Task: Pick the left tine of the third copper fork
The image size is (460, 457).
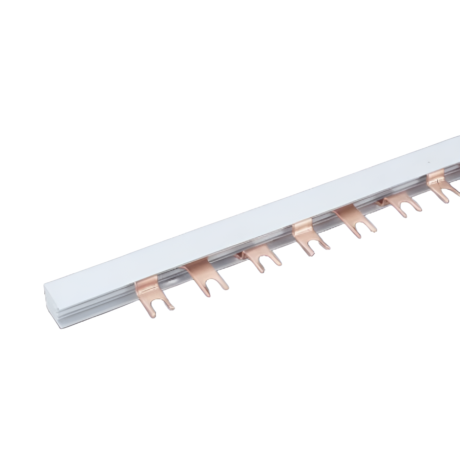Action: [260, 269]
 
